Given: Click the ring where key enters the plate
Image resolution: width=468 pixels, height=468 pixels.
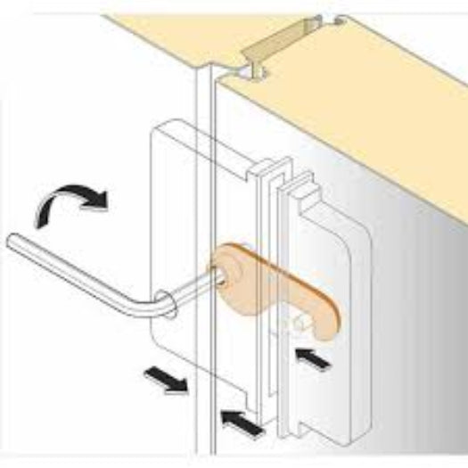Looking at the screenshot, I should [164, 299].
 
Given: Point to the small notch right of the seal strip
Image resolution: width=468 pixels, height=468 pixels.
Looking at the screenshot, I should [333, 21].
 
